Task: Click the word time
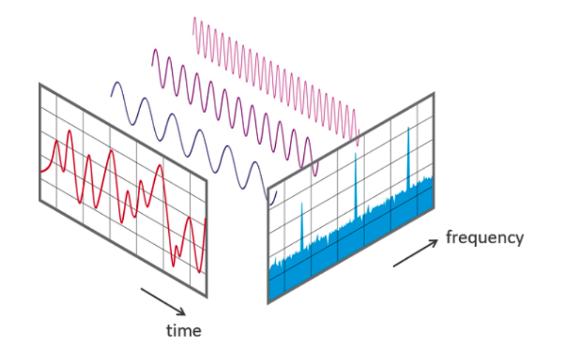pos(183,330)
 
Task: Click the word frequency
pos(485,237)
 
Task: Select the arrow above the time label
pos(163,301)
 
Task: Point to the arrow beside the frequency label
pos(415,253)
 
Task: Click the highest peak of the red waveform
pos(70,132)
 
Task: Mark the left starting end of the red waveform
pos(41,171)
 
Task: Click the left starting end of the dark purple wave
pos(111,96)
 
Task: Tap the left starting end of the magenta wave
pos(152,65)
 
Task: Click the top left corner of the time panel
pos(40,84)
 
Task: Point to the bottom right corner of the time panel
pos(206,296)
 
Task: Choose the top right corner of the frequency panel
pos(433,93)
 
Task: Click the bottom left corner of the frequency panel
pos(268,303)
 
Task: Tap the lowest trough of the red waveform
pos(200,272)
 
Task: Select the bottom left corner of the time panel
pos(40,200)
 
